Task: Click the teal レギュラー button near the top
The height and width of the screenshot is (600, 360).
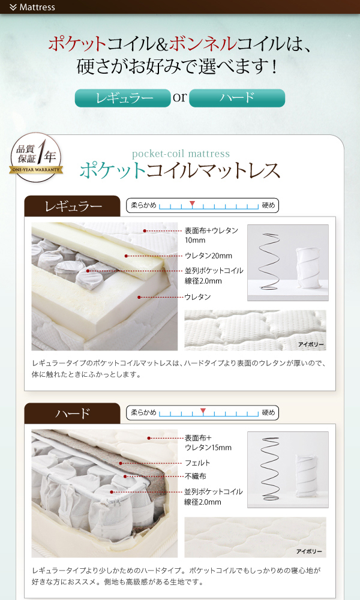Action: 123,98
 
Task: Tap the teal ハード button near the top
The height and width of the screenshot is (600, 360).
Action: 237,98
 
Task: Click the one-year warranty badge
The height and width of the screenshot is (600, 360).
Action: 36,157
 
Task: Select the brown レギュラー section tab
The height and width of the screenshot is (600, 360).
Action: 73,206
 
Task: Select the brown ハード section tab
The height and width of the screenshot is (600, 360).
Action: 73,413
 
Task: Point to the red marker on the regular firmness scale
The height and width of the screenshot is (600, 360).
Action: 192,204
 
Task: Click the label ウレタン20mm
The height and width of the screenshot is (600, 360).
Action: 209,256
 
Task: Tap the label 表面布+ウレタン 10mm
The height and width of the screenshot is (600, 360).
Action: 212,235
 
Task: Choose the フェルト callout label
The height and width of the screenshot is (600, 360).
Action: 197,463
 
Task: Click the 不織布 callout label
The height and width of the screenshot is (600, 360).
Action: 196,476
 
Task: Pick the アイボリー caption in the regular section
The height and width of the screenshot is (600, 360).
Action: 311,344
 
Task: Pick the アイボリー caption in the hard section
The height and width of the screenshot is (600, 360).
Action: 309,551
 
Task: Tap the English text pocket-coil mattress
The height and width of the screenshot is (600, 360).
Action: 181,154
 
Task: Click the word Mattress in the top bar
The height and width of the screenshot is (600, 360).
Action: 37,7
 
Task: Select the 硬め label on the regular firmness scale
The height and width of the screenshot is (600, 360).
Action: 269,205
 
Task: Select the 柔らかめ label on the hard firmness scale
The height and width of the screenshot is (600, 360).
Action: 144,413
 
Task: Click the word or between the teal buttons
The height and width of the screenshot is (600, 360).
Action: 180,97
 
